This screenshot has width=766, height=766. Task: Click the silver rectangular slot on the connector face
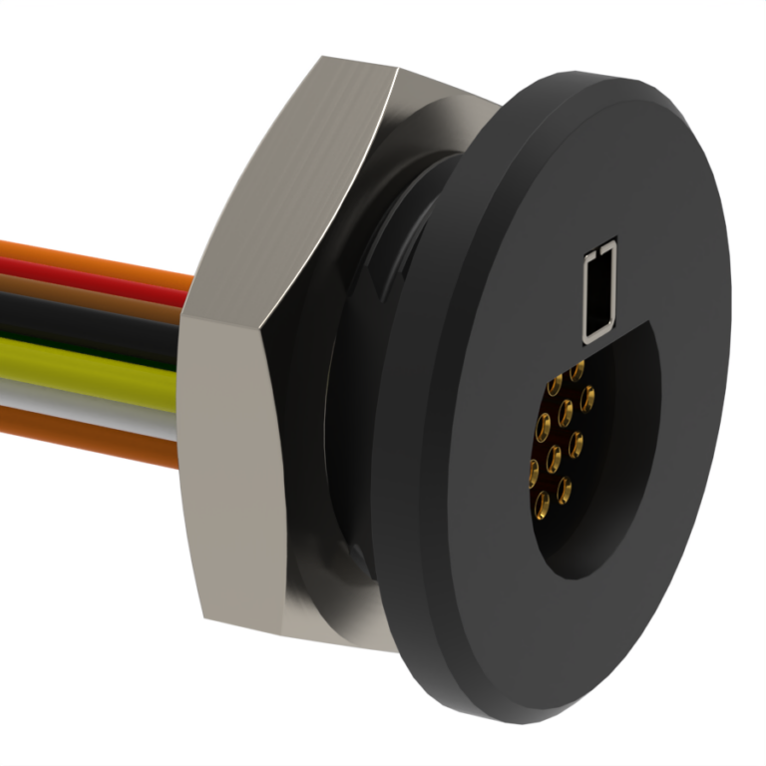tap(599, 290)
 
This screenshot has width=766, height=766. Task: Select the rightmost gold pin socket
tap(587, 398)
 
